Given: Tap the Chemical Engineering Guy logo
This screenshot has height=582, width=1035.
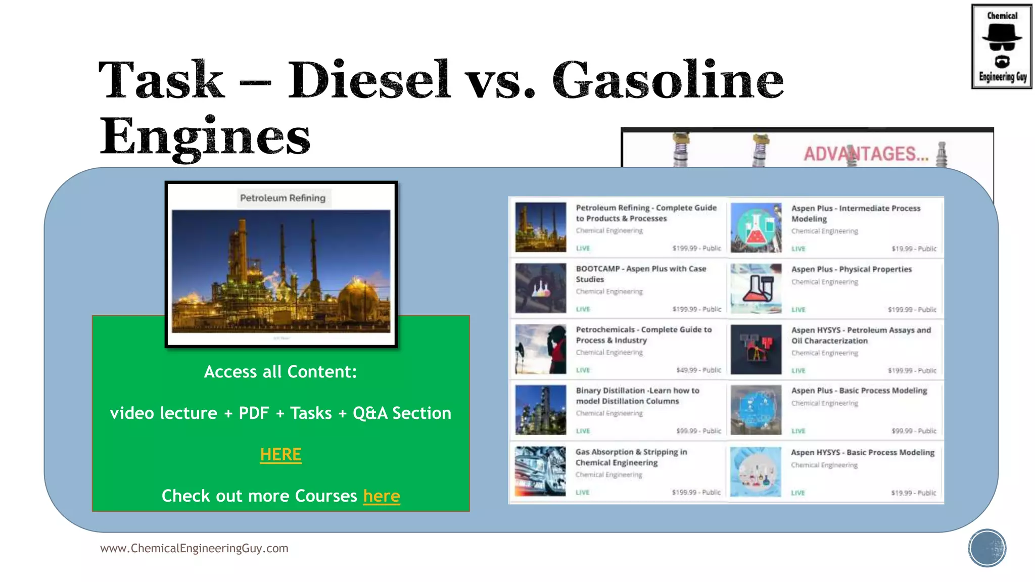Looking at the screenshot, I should pos(1002,46).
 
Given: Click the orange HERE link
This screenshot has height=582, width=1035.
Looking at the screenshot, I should pos(280,455).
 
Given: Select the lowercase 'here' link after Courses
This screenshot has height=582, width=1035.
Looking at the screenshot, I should pos(382,496).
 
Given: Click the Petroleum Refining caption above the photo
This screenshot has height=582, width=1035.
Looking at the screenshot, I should pos(283,198).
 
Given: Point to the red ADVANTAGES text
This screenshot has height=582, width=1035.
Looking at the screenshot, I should pos(866,154).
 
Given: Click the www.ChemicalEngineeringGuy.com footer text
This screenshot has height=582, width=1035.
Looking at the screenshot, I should pos(194,548).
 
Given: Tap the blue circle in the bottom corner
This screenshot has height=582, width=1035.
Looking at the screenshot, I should pos(987,548).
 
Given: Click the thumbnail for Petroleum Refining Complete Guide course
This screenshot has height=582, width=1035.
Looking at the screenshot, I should pos(540,227).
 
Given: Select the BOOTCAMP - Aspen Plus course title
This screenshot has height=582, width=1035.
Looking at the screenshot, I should pos(641,274).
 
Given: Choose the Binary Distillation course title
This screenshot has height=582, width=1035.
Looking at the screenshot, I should pos(637,396).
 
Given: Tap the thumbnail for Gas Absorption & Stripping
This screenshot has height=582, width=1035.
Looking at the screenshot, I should pos(540,471).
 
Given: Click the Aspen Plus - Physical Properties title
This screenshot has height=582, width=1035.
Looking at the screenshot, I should pos(851,269).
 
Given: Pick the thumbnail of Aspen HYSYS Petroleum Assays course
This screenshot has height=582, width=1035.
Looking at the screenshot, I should pos(756,349).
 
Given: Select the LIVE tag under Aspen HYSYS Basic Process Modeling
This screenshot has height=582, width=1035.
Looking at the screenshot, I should pos(798,493).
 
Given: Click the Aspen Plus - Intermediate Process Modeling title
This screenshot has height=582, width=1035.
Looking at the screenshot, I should pos(855,213).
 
